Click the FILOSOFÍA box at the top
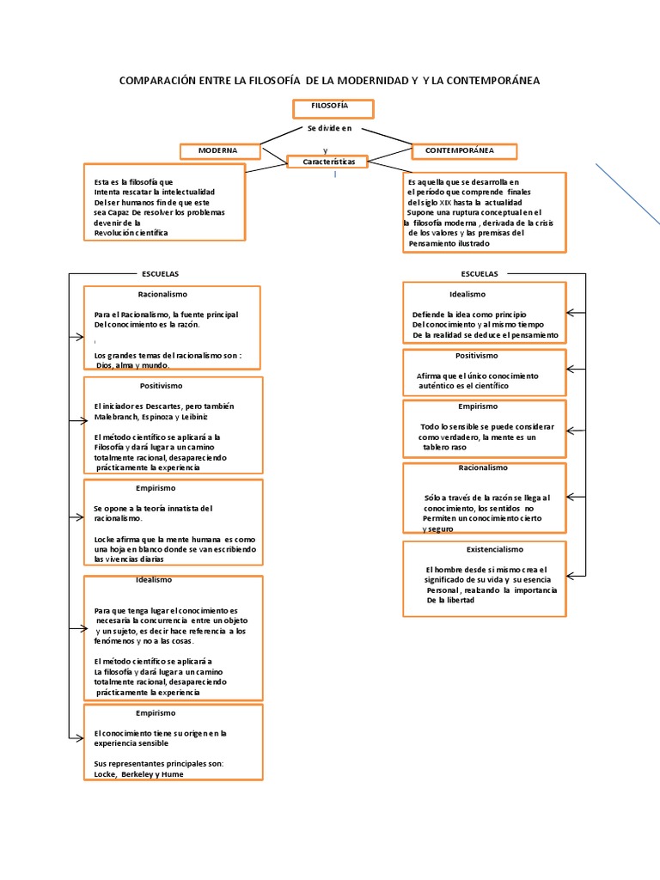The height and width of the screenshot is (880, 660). pos(333,108)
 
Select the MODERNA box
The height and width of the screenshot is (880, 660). pos(220,151)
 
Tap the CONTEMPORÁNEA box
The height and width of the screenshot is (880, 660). pos(465,151)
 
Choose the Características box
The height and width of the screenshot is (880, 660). pos(328,162)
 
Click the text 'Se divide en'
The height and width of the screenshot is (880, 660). pos(329,129)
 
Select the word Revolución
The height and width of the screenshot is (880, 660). pos(114,233)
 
